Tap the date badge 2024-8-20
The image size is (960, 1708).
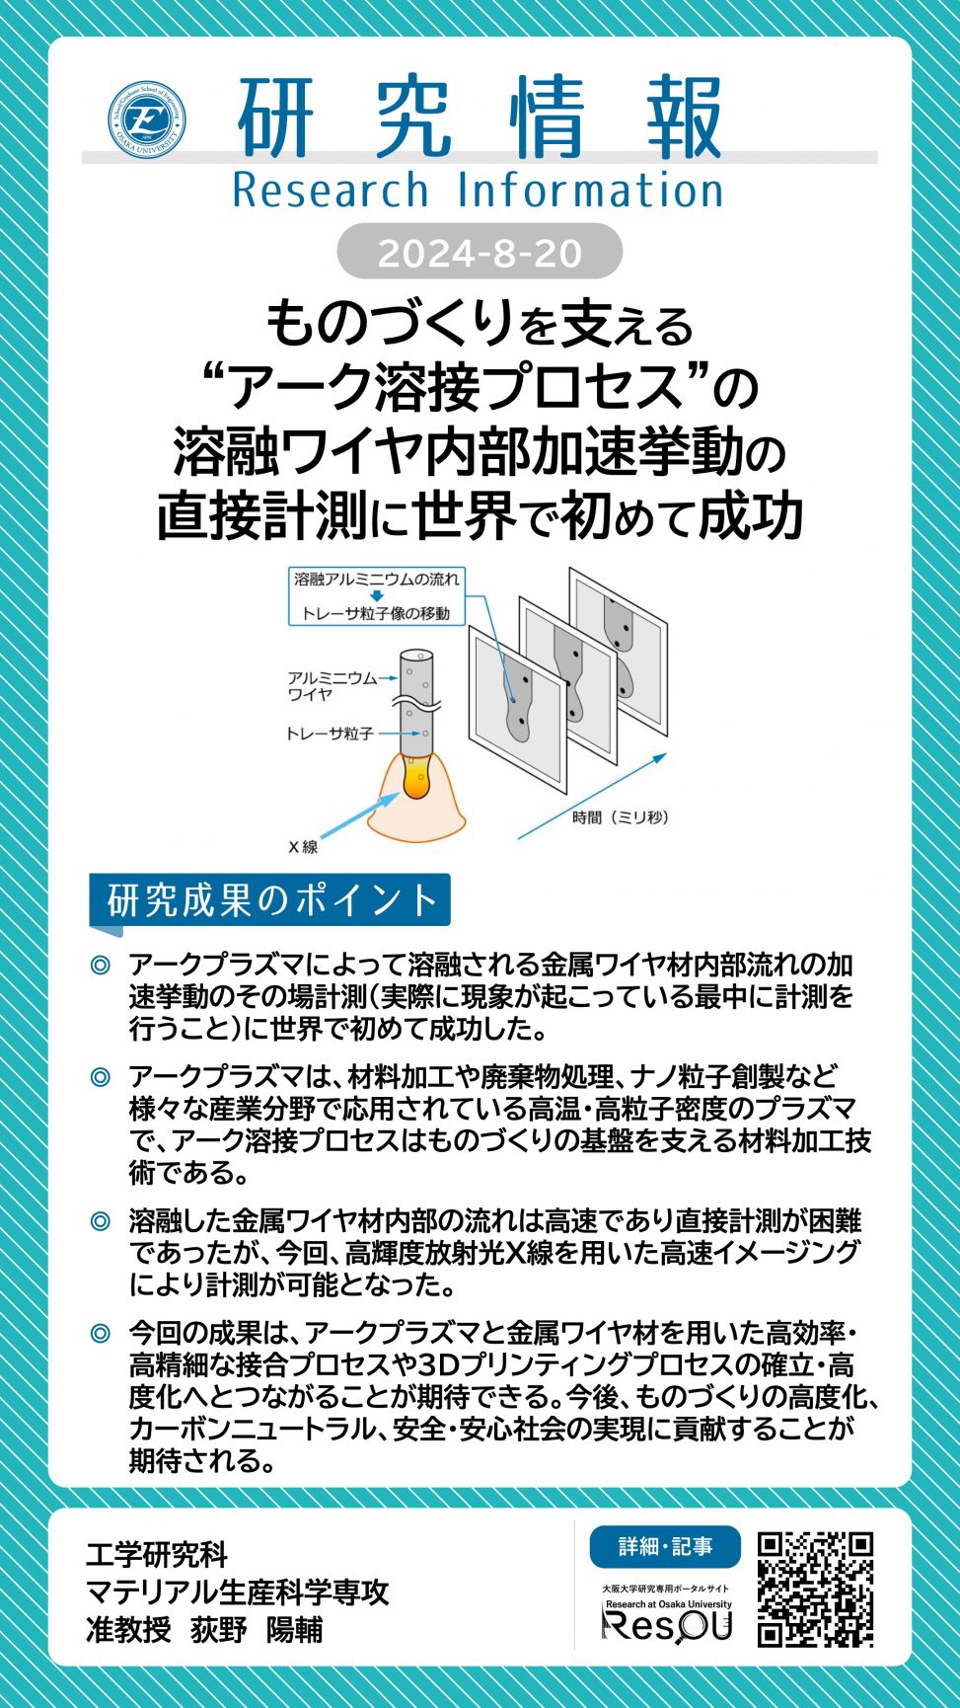pyautogui.click(x=480, y=253)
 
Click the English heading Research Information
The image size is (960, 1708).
pyautogui.click(x=478, y=191)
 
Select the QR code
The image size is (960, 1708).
pyautogui.click(x=815, y=1589)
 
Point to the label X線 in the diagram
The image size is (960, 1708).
pyautogui.click(x=303, y=846)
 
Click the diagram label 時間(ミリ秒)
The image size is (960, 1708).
pyautogui.click(x=621, y=816)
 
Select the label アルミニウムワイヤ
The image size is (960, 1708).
pyautogui.click(x=332, y=685)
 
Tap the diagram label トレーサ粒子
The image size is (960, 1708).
pyautogui.click(x=330, y=734)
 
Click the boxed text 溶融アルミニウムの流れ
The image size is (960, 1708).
pyautogui.click(x=377, y=580)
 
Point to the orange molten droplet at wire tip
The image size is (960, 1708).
pyautogui.click(x=417, y=779)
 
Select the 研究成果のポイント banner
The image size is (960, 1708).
pyautogui.click(x=270, y=899)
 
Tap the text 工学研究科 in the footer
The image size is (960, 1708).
pyautogui.click(x=157, y=1554)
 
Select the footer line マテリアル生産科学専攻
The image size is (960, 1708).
pyautogui.click(x=238, y=1592)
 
